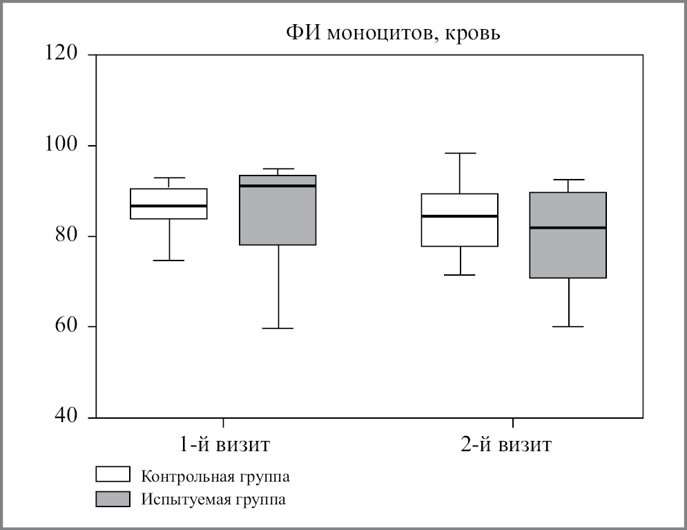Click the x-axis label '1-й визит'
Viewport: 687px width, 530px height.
click(x=223, y=444)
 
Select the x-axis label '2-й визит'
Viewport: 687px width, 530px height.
click(x=506, y=444)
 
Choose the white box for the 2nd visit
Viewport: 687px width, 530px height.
click(x=459, y=231)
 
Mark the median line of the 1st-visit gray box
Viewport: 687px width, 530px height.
click(x=278, y=186)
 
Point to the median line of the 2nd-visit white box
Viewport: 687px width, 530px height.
click(x=459, y=216)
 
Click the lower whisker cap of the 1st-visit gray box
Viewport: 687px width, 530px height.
click(x=278, y=328)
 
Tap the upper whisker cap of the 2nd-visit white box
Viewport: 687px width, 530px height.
click(x=459, y=153)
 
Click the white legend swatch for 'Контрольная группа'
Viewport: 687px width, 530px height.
click(x=113, y=475)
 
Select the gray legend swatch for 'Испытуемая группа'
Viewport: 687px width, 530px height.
click(x=113, y=499)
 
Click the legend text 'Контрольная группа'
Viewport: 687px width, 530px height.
click(x=215, y=476)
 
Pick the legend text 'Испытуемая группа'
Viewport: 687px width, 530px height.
click(x=213, y=500)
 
